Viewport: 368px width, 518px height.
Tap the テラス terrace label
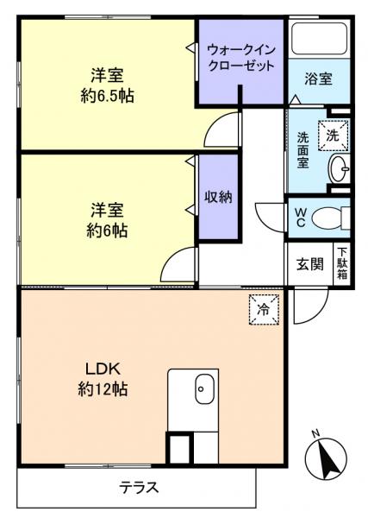tap(139, 487)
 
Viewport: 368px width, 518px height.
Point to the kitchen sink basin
tap(202, 389)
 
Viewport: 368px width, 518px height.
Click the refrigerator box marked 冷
tap(264, 309)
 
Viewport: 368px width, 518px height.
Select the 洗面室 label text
tap(304, 150)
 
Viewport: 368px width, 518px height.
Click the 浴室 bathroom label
tap(318, 79)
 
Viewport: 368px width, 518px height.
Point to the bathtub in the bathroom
tap(320, 37)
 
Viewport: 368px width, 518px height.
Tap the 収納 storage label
tap(218, 196)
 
